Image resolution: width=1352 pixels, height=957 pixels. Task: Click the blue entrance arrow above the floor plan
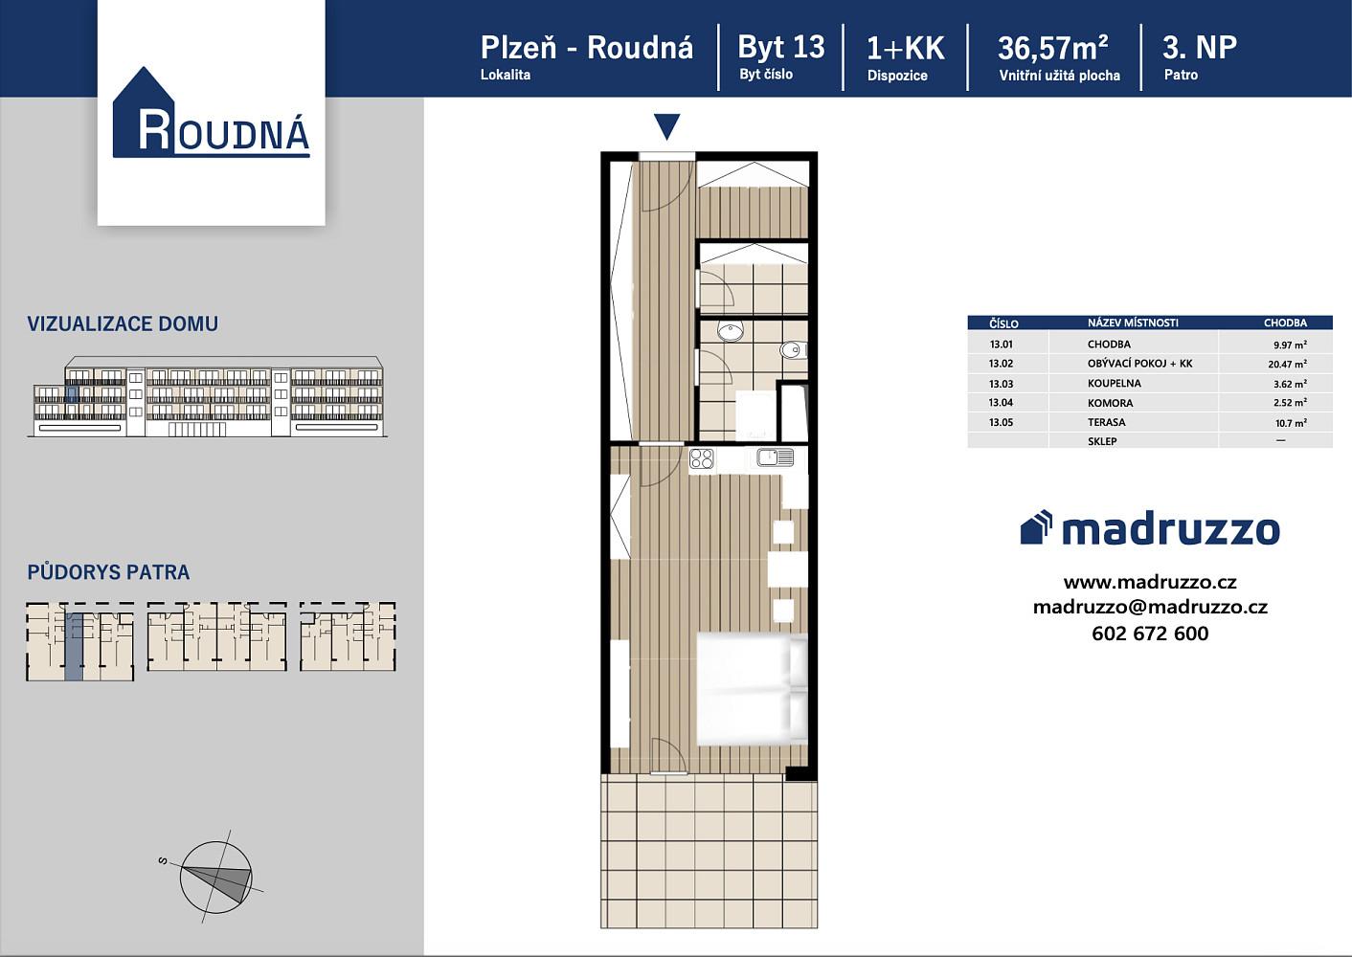pyautogui.click(x=667, y=126)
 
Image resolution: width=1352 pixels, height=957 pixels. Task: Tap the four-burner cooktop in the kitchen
pyautogui.click(x=701, y=458)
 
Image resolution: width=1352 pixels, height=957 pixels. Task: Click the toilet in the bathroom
pyautogui.click(x=793, y=349)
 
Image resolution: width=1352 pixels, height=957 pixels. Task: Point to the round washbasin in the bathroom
pyautogui.click(x=731, y=331)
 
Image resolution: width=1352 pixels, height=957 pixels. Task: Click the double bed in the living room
pyautogui.click(x=752, y=688)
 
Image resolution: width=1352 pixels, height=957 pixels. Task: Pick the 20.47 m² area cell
pyautogui.click(x=1287, y=364)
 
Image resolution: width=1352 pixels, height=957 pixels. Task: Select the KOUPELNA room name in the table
pyautogui.click(x=1115, y=383)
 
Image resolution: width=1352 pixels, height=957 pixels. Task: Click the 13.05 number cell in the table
pyautogui.click(x=1001, y=422)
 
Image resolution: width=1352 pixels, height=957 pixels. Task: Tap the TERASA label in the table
pyautogui.click(x=1106, y=422)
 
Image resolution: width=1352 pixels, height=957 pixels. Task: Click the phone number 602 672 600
pyautogui.click(x=1150, y=634)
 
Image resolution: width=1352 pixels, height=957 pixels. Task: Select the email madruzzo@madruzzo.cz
pyautogui.click(x=1150, y=607)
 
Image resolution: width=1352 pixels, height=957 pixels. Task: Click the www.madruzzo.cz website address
pyautogui.click(x=1150, y=582)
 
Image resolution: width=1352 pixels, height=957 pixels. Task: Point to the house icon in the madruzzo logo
pyautogui.click(x=1036, y=527)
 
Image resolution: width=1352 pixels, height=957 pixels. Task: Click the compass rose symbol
pyautogui.click(x=215, y=877)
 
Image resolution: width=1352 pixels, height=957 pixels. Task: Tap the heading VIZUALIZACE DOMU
pyautogui.click(x=123, y=324)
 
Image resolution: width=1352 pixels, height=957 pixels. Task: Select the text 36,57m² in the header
pyautogui.click(x=1053, y=48)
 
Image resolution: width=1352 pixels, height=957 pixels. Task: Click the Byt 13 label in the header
pyautogui.click(x=781, y=47)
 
